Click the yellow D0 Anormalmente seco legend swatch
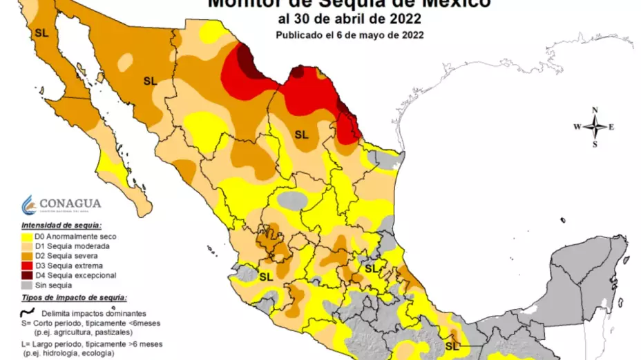27,237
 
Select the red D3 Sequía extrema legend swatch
27,266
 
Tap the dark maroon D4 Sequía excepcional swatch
27,275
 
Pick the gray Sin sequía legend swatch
27,285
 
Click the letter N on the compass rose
595,110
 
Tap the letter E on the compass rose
612,127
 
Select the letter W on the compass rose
577,127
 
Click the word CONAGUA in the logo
70,203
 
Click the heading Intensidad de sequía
61,226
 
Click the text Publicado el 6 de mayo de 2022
349,34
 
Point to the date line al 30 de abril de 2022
349,19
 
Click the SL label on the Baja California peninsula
41,32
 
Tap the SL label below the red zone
301,134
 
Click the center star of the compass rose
595,127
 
